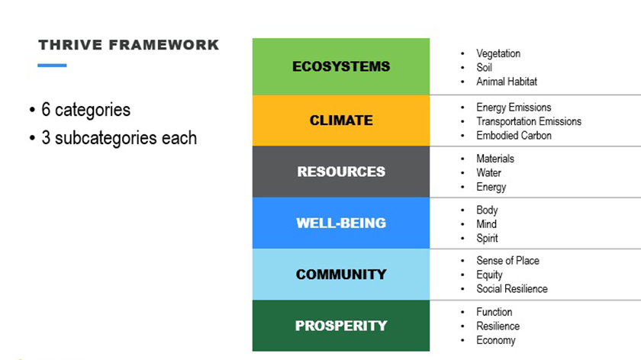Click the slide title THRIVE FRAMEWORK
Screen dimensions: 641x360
[129, 45]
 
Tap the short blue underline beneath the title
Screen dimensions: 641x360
[52, 66]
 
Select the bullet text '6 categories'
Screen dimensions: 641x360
[85, 110]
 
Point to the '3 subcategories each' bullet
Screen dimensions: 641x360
[119, 138]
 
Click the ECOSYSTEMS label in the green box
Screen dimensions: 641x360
[341, 66]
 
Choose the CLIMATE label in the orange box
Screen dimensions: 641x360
[341, 121]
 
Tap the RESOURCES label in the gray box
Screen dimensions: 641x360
[341, 172]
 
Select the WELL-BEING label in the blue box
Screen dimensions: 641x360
[341, 223]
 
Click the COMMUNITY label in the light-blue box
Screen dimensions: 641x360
[341, 274]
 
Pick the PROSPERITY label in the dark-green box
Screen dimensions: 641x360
[341, 326]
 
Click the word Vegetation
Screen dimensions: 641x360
[498, 53]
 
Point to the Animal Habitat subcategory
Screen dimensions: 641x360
[507, 82]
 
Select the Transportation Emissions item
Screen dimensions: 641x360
[529, 121]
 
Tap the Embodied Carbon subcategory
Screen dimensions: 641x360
[514, 136]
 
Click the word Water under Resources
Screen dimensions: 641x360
[488, 173]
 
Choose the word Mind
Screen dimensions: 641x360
[487, 224]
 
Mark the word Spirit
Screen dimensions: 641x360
[487, 238]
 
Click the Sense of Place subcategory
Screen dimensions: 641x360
[507, 261]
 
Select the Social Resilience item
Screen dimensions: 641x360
[512, 289]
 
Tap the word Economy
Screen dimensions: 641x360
[496, 340]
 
